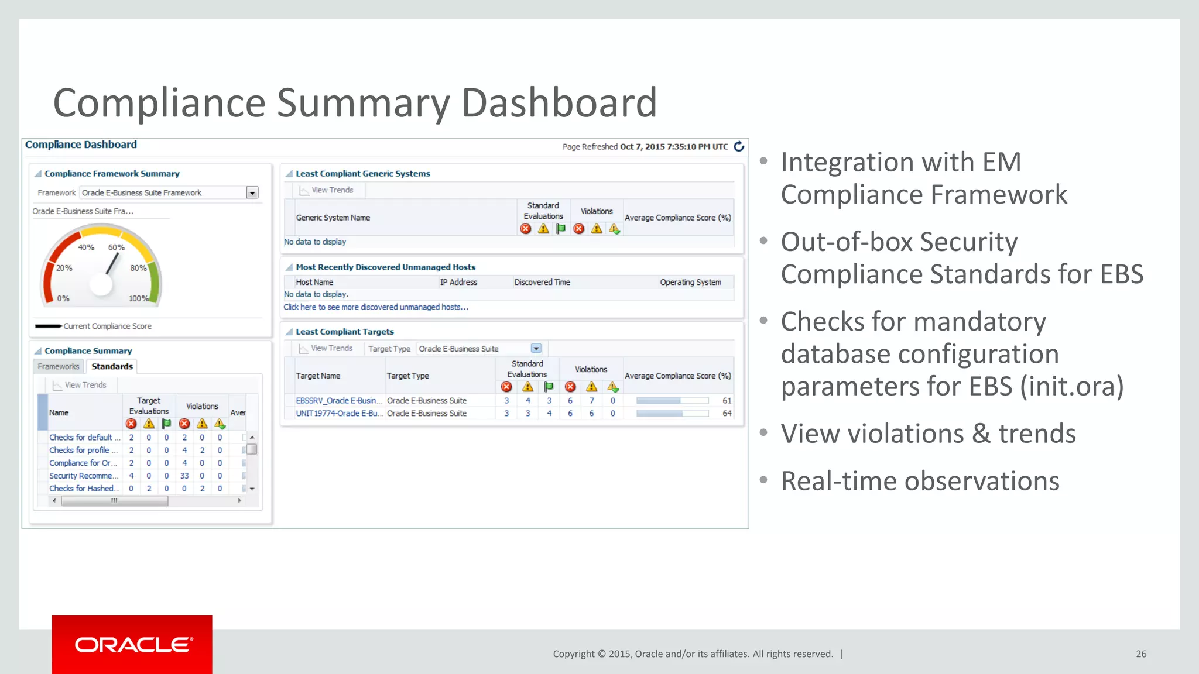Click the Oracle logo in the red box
(x=133, y=645)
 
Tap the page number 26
(x=1141, y=654)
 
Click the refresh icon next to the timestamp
(x=739, y=146)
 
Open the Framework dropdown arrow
(x=252, y=193)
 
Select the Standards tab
(x=112, y=367)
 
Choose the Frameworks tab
(x=59, y=367)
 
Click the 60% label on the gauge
(x=116, y=247)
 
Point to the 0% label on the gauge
(x=63, y=298)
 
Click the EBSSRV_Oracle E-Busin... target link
(x=338, y=401)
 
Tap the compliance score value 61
(x=727, y=401)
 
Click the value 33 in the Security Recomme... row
(x=184, y=476)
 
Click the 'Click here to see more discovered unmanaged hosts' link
(x=376, y=307)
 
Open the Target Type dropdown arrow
(x=536, y=349)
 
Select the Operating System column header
(x=690, y=283)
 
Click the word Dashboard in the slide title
(x=559, y=103)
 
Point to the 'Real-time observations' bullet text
(x=920, y=482)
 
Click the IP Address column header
(x=458, y=283)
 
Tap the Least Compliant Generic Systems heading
(x=362, y=174)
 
